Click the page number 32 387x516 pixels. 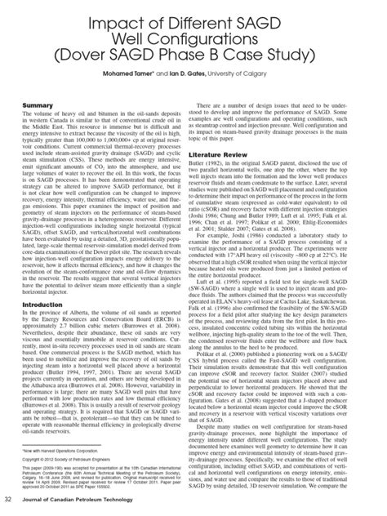coord(11,499)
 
